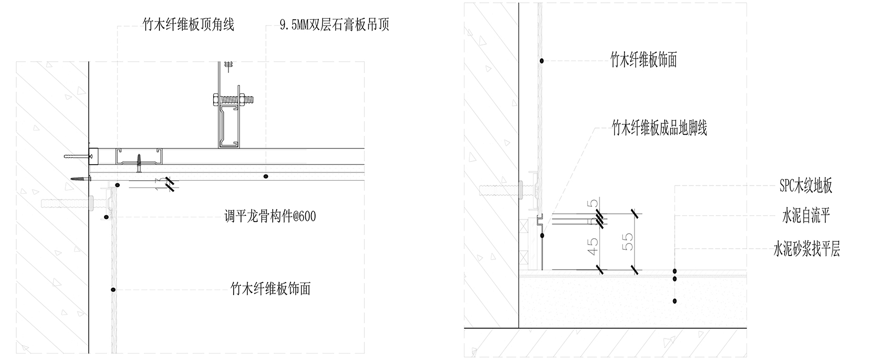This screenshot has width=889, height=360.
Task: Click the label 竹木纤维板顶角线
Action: coord(188,25)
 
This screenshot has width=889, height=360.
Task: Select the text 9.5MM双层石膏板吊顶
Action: coord(334,25)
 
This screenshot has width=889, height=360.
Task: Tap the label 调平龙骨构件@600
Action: coord(270,216)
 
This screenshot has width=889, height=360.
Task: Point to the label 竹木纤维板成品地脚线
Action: coord(659,128)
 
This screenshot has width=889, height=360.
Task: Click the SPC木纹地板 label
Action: coord(805,185)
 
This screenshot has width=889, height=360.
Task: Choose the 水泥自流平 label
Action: coord(806,216)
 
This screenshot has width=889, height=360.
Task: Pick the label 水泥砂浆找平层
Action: coord(806,249)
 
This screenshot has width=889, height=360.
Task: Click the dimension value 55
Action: coord(628,241)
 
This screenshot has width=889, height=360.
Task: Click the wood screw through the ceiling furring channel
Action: coord(139,163)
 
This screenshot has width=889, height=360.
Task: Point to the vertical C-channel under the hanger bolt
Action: coord(228,125)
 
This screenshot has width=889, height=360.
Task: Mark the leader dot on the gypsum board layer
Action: coord(266,177)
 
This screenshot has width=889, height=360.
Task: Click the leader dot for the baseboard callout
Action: coord(542,236)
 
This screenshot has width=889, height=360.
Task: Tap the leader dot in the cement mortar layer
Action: coord(675,301)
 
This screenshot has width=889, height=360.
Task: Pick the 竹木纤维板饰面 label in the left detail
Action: coord(270,288)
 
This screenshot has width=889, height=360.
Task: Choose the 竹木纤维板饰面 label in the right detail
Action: coord(643,60)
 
